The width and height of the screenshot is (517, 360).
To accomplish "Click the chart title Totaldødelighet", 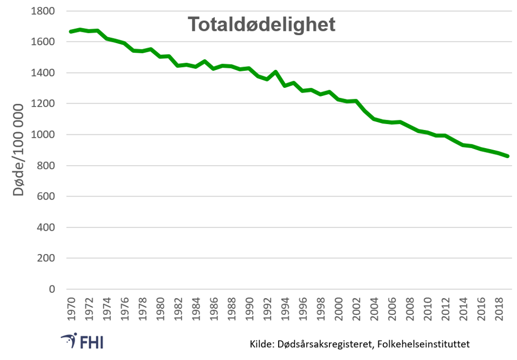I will tap(261, 24).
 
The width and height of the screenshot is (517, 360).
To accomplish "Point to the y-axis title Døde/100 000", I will tap(19, 150).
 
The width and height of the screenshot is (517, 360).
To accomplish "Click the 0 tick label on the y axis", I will tap(52, 289).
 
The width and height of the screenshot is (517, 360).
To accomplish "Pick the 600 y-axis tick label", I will tap(47, 197).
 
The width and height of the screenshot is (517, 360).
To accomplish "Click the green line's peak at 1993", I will tap(276, 72).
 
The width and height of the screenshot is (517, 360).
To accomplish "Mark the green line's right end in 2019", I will tap(508, 156).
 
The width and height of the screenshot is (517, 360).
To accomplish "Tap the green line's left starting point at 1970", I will tap(71, 32).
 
